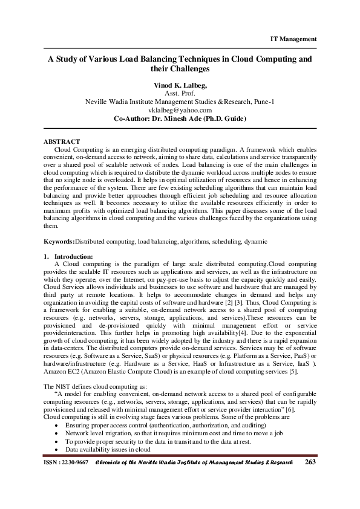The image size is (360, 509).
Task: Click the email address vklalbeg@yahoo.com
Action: point(180,111)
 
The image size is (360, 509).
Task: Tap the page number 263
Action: point(310,496)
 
